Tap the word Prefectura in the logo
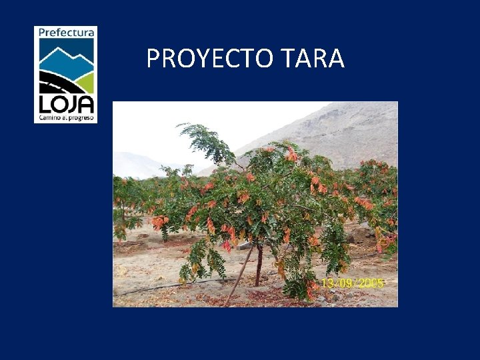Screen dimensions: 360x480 tap(65, 32)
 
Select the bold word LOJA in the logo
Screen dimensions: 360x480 tap(65, 103)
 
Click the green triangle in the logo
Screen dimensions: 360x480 tap(86, 82)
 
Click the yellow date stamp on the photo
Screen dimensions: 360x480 tap(352, 283)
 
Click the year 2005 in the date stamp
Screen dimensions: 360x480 tap(370, 283)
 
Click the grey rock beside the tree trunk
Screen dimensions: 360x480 tap(246, 246)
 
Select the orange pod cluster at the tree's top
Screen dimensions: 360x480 tap(291, 155)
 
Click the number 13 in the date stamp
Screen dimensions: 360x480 tap(328, 283)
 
